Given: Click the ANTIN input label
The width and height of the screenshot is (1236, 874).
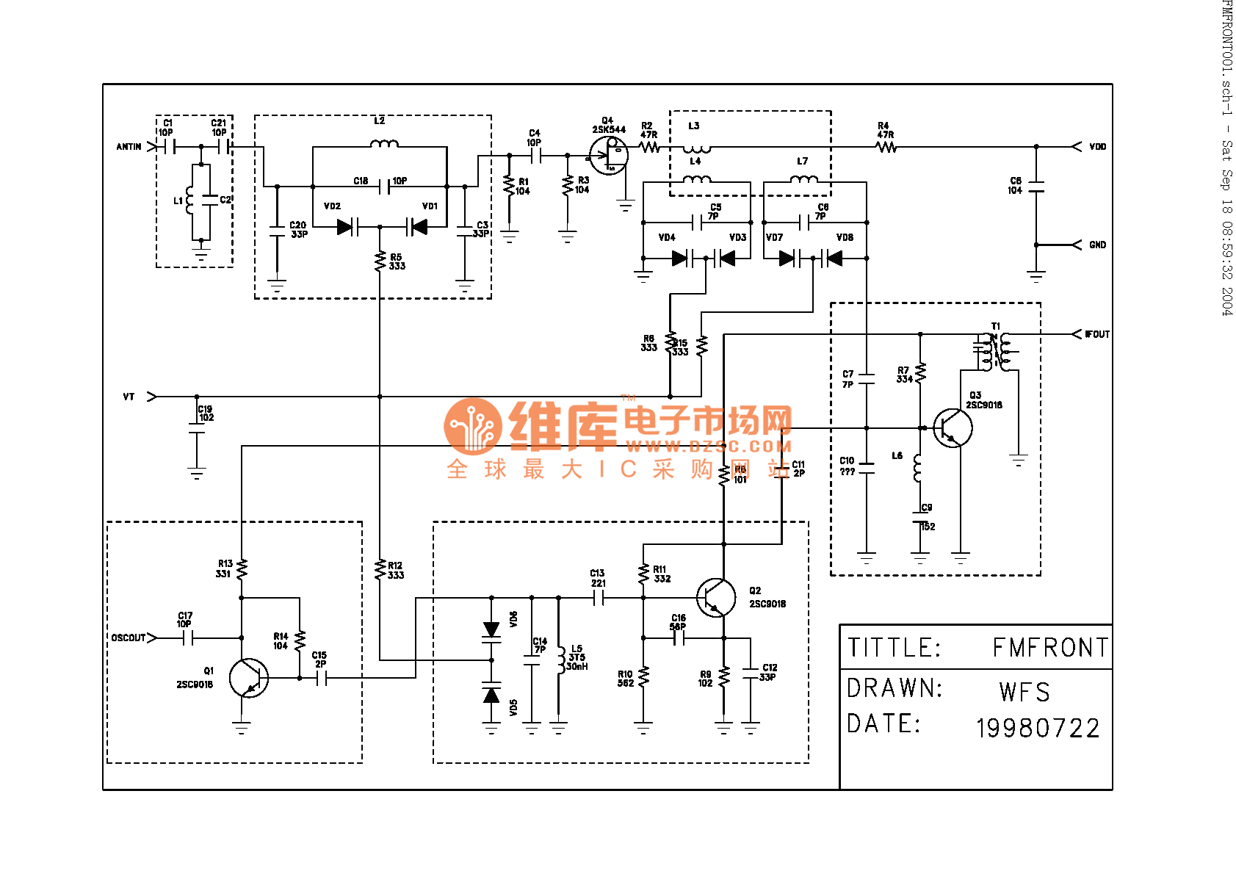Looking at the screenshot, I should tap(129, 147).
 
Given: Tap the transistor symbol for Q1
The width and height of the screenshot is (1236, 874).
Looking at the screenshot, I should tap(248, 678).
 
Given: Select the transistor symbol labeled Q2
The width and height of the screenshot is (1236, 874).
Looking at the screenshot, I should tap(716, 598).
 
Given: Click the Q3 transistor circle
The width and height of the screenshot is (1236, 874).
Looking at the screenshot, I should tap(953, 428).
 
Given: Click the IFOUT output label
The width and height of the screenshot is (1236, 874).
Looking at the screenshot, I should tap(1097, 334).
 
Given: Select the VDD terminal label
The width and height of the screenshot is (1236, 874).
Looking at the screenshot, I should tap(1097, 147).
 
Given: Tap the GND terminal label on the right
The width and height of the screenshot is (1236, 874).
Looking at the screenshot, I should tap(1097, 245).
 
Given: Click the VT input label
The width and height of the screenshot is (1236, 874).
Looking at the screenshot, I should tap(129, 397).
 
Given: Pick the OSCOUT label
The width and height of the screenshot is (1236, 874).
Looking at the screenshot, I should tap(129, 638).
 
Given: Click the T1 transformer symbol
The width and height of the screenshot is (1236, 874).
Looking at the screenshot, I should tap(995, 352).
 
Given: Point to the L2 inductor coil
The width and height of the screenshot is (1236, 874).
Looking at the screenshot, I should tap(384, 144).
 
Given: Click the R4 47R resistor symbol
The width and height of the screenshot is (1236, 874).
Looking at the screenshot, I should tap(886, 147).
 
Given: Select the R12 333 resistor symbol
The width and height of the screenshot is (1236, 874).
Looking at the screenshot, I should tap(380, 569).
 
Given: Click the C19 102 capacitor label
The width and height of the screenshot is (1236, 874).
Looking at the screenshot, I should tap(206, 413).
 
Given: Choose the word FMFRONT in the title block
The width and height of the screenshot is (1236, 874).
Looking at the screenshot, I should tap(1050, 648).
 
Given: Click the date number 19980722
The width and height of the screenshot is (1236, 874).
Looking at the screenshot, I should tap(1038, 729).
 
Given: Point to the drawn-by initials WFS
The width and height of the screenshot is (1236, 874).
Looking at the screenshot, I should tap(1024, 692).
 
